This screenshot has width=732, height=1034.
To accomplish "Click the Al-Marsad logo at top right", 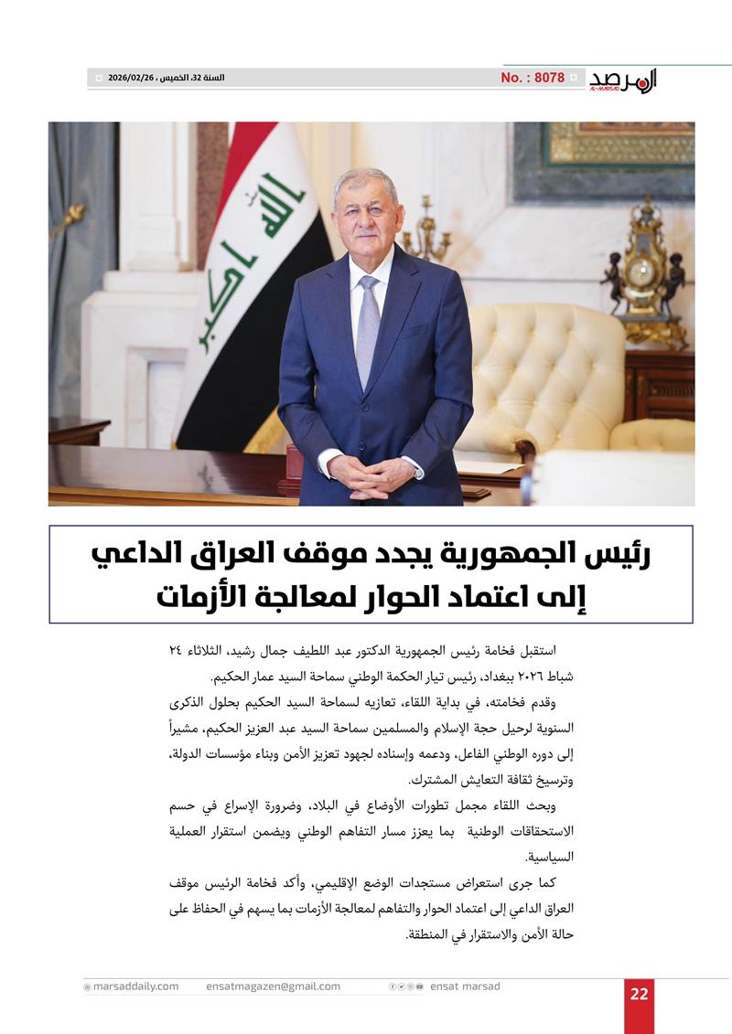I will point(623,80).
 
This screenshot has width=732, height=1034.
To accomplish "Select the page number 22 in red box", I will point(639,995).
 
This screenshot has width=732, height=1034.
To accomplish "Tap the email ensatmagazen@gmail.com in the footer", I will point(273,986).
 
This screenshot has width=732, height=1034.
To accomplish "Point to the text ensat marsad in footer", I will point(465,986).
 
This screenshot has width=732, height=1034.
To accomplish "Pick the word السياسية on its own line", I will point(547,858).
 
